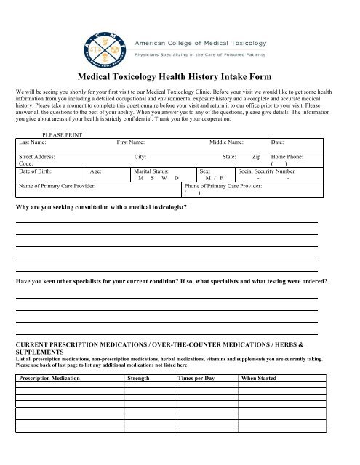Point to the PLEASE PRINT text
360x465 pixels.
(63, 134)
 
